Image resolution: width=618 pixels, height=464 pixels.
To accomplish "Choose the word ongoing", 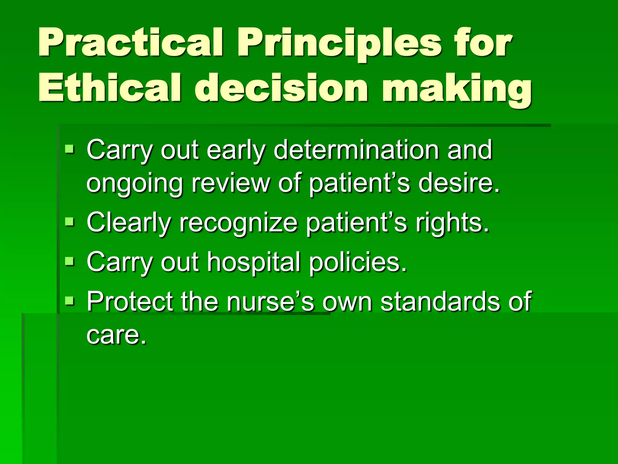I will tap(135, 184).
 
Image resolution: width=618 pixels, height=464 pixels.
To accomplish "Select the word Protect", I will tap(130, 301).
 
